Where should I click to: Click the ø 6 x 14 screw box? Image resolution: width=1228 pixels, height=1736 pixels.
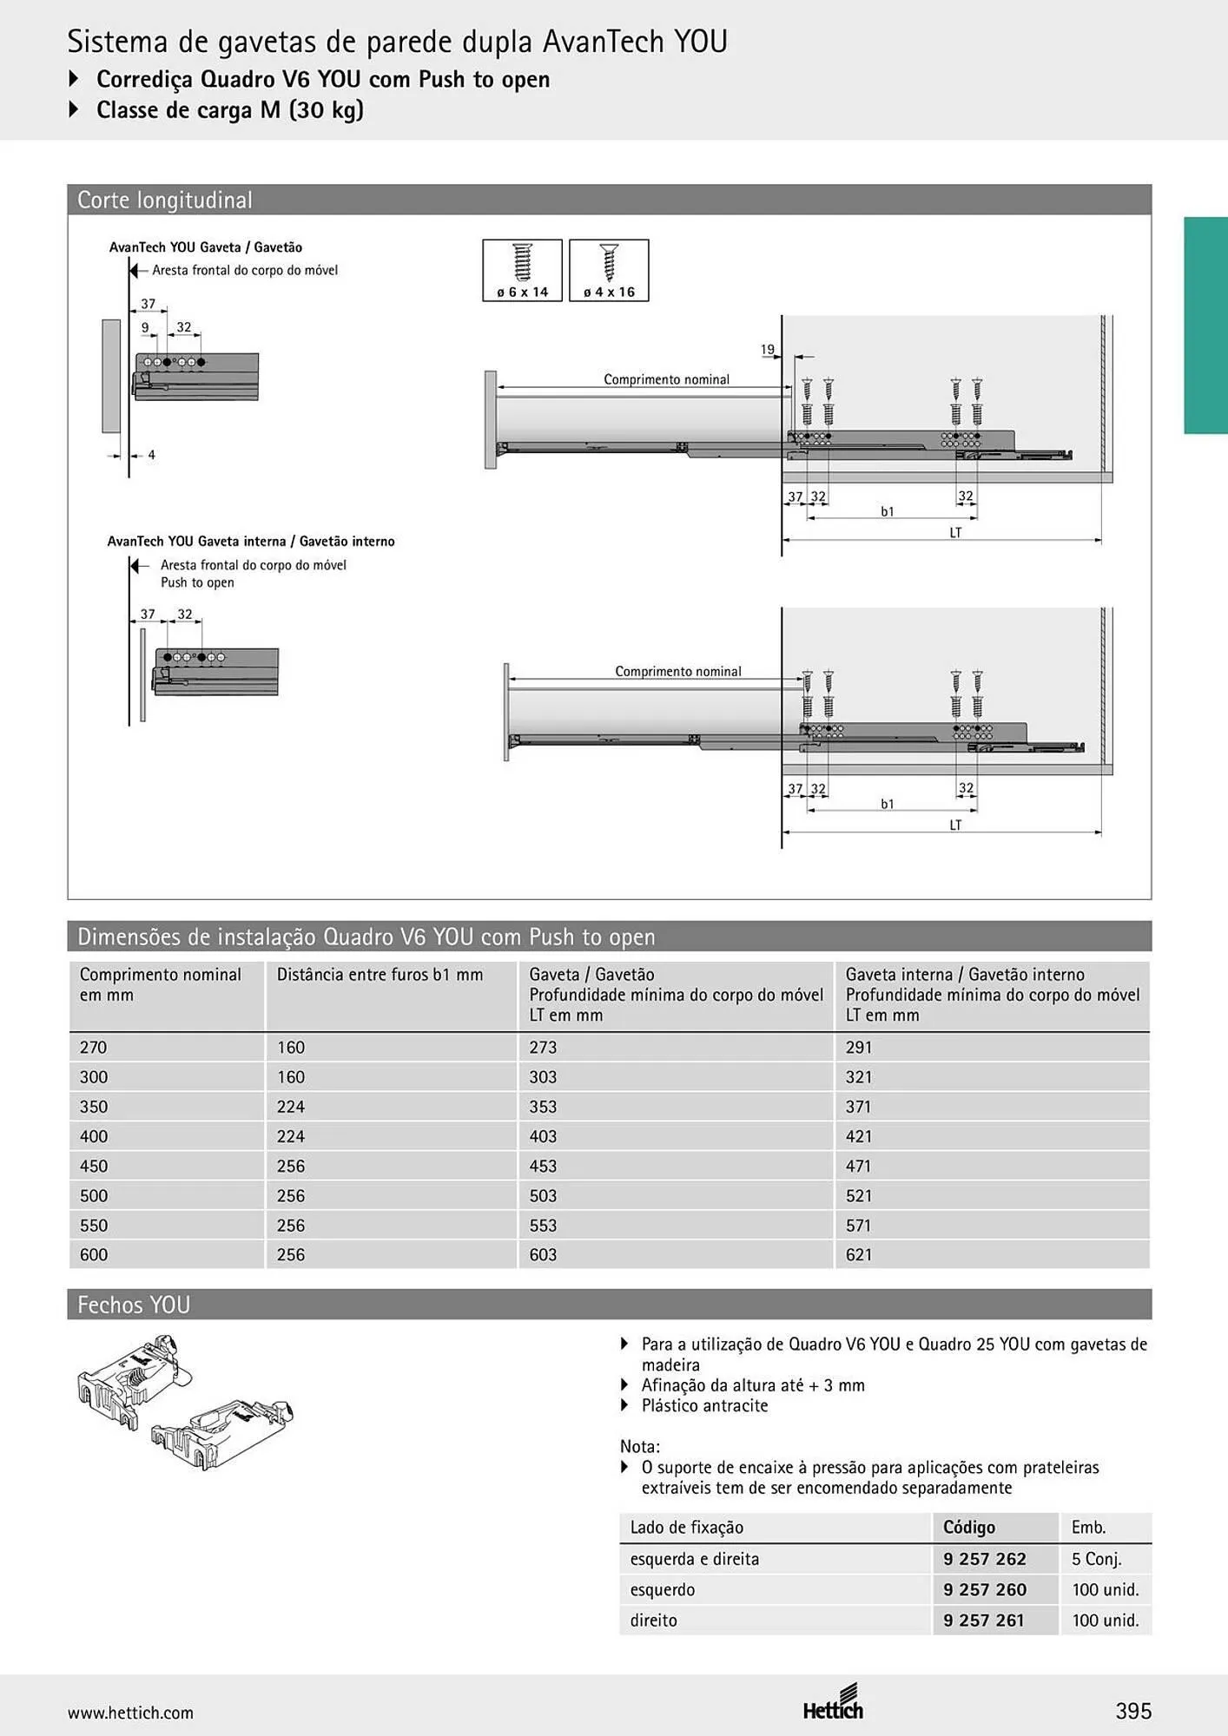(522, 271)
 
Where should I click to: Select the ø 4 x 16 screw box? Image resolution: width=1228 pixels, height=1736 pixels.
(609, 271)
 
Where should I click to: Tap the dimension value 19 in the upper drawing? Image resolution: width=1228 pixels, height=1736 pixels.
(768, 350)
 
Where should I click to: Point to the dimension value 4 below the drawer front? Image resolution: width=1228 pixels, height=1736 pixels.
(151, 455)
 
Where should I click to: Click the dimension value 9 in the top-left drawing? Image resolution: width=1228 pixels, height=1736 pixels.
(145, 328)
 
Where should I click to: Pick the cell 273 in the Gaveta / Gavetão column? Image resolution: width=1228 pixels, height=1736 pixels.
(543, 1048)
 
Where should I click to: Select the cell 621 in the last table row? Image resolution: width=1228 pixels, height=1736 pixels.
(859, 1254)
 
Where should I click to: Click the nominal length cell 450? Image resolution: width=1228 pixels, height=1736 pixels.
(94, 1166)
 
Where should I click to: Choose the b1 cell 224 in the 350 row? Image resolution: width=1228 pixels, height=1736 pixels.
(291, 1107)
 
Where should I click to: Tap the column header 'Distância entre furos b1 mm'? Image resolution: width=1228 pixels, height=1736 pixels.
(380, 975)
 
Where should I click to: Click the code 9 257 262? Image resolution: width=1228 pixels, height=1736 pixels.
(985, 1559)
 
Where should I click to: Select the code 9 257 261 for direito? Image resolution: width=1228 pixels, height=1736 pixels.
(984, 1621)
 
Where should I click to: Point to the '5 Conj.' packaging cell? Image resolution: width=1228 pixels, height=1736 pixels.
(1096, 1559)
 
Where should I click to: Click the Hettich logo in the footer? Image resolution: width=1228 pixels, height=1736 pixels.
(834, 1703)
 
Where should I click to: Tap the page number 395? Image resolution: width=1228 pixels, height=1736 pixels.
(1133, 1711)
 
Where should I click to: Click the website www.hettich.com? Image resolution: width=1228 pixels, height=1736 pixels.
(130, 1713)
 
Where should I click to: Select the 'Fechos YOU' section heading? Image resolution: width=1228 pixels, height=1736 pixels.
(134, 1305)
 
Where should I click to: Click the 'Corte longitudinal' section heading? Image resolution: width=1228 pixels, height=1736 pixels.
(165, 200)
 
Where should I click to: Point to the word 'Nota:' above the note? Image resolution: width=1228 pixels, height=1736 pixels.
(640, 1446)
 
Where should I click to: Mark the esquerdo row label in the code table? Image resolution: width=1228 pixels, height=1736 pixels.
(663, 1590)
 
